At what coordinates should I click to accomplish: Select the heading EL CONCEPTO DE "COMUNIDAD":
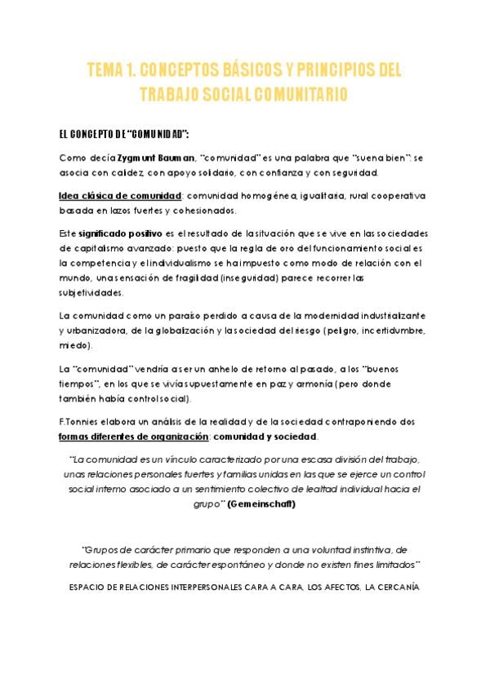(124, 133)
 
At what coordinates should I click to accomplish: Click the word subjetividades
(91, 292)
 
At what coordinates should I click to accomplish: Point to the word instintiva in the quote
(367, 550)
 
